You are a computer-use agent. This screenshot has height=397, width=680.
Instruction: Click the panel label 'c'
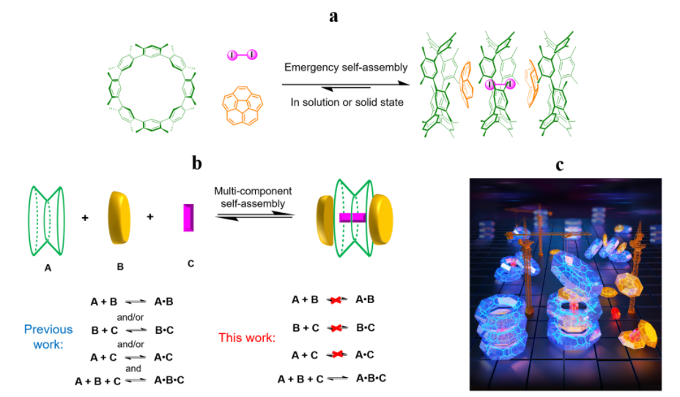coord(559,165)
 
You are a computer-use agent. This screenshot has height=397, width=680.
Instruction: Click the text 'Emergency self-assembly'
coord(346,68)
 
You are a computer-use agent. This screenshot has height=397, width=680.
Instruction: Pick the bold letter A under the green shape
coord(48,268)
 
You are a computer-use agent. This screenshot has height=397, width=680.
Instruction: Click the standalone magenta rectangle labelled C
coord(188,218)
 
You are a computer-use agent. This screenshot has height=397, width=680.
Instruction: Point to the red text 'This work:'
coord(247,338)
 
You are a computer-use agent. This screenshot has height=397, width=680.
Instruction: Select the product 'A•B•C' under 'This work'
coord(371,379)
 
